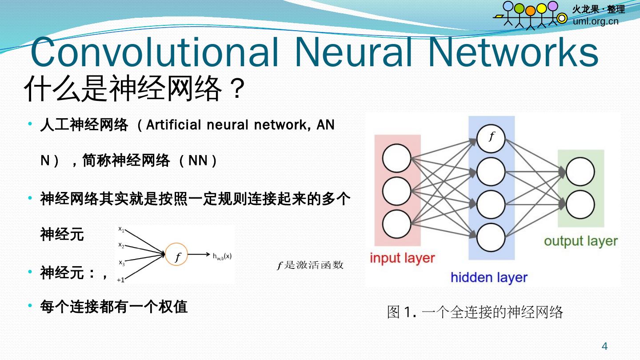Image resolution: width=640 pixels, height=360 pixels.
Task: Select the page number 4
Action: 604,346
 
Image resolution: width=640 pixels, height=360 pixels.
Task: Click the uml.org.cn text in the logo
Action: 596,21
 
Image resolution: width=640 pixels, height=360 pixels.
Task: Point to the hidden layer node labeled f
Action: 491,138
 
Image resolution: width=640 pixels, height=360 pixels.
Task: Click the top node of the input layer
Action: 396,158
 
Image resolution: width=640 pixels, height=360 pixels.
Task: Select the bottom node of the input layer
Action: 396,224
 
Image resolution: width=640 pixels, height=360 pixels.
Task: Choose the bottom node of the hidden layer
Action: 491,237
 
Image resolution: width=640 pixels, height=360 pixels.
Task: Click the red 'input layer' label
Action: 402,258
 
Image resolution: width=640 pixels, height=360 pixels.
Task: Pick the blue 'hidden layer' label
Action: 489,278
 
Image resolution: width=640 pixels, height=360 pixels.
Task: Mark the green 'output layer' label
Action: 580,241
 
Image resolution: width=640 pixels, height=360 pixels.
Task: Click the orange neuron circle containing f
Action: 177,255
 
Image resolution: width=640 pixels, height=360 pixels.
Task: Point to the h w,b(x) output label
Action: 222,256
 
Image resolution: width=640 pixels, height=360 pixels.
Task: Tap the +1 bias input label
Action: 120,280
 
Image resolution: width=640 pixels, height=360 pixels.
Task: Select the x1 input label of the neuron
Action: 121,229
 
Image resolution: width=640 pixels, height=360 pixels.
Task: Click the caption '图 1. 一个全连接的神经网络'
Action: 475,312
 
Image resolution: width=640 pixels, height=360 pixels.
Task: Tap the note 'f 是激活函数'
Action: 310,265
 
